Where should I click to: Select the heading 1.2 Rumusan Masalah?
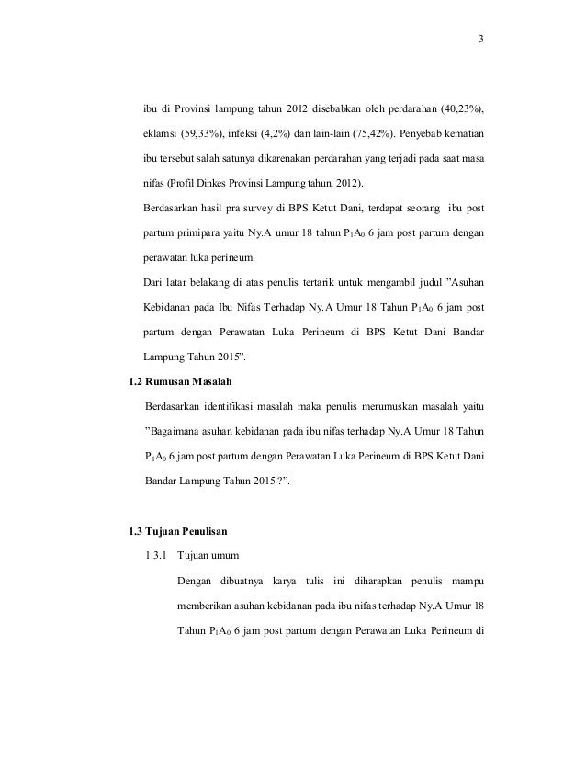click(x=184, y=379)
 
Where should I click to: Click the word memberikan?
click(x=206, y=606)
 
